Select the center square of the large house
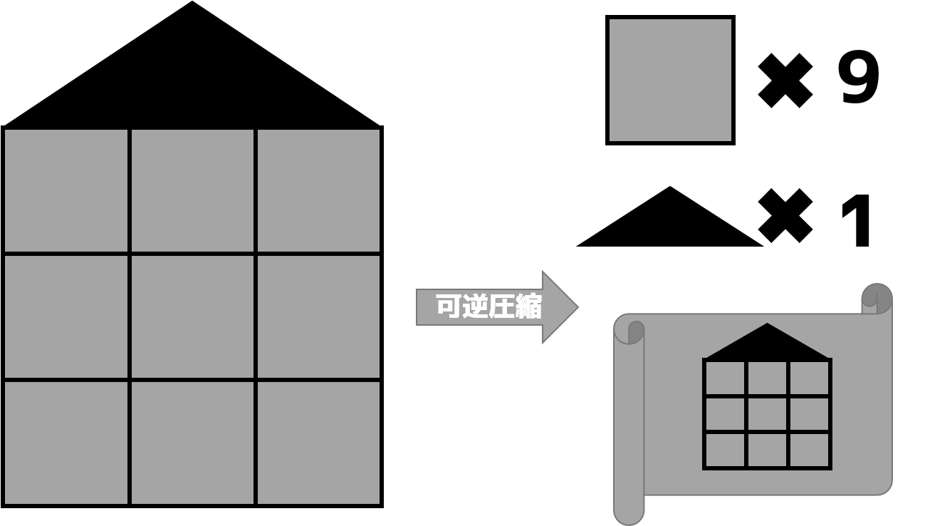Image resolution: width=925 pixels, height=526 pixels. pyautogui.click(x=192, y=316)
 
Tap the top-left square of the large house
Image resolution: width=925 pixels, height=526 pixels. pyautogui.click(x=66, y=190)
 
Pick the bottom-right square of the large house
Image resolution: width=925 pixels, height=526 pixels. pyautogui.click(x=318, y=443)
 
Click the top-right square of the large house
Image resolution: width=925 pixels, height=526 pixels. pyautogui.click(x=318, y=190)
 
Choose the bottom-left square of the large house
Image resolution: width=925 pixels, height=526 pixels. pyautogui.click(x=66, y=443)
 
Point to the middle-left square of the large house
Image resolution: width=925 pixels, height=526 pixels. pyautogui.click(x=66, y=316)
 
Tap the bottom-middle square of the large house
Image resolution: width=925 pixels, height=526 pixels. pyautogui.click(x=192, y=443)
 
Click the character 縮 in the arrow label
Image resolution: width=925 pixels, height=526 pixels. pyautogui.click(x=528, y=306)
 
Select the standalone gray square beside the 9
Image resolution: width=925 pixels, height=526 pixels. pyautogui.click(x=670, y=80)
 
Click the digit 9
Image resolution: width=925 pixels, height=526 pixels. pyautogui.click(x=859, y=77)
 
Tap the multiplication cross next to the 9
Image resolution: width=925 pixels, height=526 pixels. pyautogui.click(x=785, y=81)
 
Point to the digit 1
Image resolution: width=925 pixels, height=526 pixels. pyautogui.click(x=857, y=220)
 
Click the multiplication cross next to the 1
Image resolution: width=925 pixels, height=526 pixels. pyautogui.click(x=785, y=216)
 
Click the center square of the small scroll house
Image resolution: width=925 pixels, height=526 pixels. pyautogui.click(x=767, y=414)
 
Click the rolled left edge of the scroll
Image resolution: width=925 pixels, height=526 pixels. pyautogui.click(x=629, y=421)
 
